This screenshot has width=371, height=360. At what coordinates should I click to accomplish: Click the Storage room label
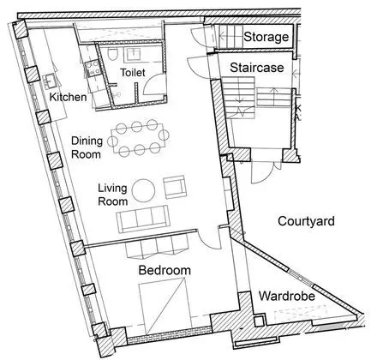coord(266,37)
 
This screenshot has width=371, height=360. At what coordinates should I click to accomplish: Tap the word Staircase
coord(257,68)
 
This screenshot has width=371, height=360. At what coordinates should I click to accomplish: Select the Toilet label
coord(133,72)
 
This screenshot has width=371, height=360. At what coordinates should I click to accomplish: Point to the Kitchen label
coord(68,97)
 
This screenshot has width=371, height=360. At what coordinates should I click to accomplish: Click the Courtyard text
coord(306,221)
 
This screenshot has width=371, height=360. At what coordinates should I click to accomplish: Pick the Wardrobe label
coord(287,296)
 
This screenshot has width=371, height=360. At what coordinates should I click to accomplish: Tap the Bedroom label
coord(165,270)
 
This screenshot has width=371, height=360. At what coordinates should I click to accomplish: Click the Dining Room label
coord(87,147)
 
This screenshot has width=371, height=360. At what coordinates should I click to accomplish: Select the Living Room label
coord(113,195)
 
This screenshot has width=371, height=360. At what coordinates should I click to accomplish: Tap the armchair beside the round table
coord(175,187)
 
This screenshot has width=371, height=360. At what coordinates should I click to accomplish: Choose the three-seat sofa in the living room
coord(143,219)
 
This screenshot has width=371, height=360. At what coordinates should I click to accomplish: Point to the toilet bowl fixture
coord(112,53)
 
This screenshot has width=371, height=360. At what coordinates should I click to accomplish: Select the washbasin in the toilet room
coord(133,54)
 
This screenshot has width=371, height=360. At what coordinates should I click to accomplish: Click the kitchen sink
coord(50,81)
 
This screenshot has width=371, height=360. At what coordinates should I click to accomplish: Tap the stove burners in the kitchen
coord(93,69)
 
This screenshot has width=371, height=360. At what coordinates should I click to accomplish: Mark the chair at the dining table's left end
coord(112,141)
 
